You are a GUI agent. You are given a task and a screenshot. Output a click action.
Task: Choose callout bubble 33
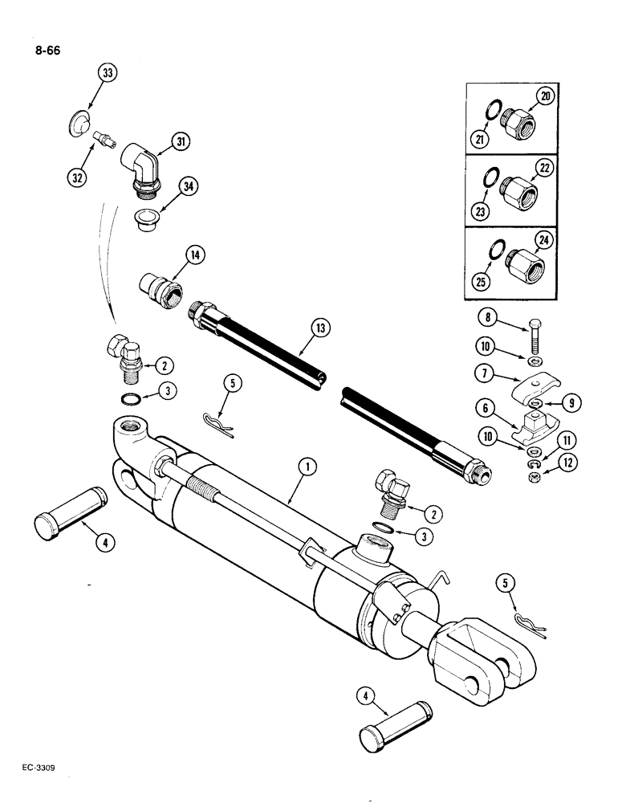[x=106, y=73]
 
